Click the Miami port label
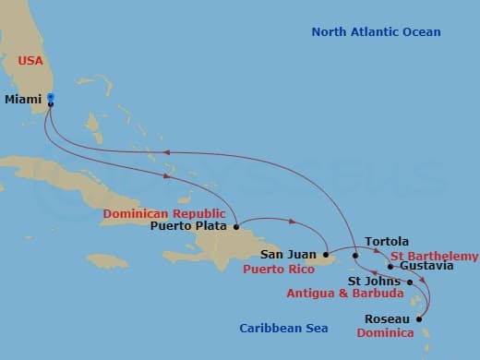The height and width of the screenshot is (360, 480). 24,99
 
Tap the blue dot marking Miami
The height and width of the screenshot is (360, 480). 51,97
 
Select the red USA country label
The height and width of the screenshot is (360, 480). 31,61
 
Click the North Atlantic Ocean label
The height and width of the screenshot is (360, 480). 376,32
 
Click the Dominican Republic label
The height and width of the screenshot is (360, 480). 163,213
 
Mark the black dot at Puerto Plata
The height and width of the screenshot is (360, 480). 237,226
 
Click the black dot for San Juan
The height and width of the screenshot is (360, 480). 326,254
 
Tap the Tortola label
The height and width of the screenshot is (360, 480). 387,242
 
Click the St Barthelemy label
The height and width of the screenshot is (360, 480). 434,256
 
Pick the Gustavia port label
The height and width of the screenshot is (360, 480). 427,267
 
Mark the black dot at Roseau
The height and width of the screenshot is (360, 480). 420,319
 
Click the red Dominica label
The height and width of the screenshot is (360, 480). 385,332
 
